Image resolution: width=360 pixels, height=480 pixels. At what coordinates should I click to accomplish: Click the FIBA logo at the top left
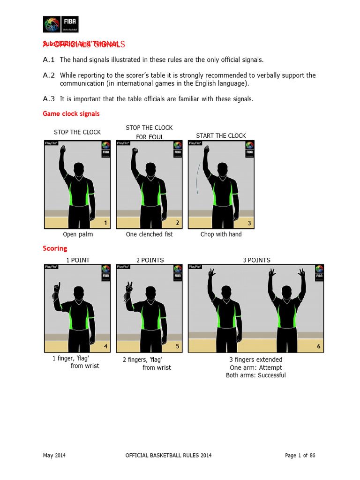(61, 24)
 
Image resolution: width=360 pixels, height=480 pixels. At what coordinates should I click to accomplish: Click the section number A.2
(49, 75)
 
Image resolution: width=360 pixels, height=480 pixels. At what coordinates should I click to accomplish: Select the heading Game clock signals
(71, 114)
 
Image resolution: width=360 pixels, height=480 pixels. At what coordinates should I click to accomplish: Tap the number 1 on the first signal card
(105, 223)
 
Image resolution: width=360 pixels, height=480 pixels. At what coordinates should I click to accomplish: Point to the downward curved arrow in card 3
(198, 179)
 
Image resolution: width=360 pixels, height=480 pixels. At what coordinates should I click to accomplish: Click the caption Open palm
(78, 234)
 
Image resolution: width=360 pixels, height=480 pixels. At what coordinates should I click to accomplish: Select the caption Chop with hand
(221, 234)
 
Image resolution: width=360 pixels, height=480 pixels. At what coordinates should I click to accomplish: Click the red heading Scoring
(55, 248)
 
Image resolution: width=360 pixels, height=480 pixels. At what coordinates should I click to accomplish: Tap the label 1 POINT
(78, 260)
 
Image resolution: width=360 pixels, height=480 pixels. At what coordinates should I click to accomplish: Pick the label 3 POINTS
(256, 260)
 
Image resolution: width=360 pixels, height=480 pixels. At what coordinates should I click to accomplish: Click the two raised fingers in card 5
(129, 286)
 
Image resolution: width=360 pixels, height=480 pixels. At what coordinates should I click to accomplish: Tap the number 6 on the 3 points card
(319, 346)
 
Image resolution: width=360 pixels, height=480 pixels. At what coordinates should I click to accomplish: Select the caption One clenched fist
(149, 234)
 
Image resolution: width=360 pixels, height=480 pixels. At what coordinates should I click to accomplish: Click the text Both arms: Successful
(256, 375)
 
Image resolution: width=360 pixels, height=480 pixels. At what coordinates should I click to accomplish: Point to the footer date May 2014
(54, 456)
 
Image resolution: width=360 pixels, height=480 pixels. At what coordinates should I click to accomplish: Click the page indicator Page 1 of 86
(303, 456)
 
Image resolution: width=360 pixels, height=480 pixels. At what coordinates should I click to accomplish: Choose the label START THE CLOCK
(221, 136)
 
